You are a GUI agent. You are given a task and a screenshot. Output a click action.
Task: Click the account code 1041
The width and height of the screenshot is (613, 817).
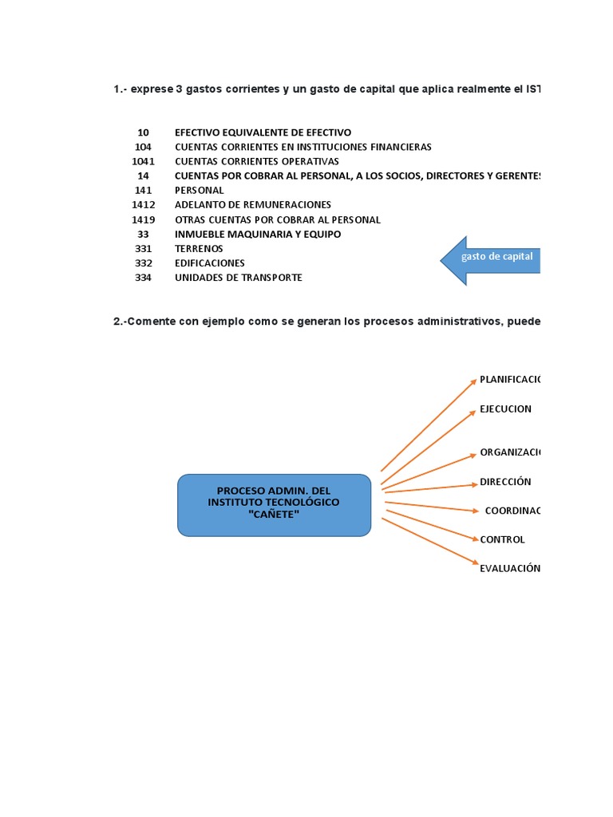(x=144, y=161)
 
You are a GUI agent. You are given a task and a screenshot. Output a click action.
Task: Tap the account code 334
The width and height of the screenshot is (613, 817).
(x=144, y=278)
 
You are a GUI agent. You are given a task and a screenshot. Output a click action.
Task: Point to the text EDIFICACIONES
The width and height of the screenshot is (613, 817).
(x=210, y=263)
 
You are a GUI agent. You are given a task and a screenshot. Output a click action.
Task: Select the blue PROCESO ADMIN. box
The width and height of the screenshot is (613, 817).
(x=274, y=504)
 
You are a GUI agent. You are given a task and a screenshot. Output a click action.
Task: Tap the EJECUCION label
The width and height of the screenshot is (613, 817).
(x=505, y=409)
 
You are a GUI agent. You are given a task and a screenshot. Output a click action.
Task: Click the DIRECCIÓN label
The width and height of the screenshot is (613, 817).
(x=505, y=482)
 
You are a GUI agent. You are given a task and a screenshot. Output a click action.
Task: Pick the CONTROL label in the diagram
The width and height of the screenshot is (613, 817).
(x=502, y=540)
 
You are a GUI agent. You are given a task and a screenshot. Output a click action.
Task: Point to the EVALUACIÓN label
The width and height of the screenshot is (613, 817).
(x=509, y=569)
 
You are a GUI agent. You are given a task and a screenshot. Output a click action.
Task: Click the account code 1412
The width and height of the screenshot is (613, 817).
(x=144, y=205)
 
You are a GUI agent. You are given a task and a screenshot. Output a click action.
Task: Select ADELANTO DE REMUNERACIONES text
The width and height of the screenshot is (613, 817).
(x=253, y=205)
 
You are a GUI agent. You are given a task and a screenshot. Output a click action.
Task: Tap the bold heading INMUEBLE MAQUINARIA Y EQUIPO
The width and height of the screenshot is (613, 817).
(x=258, y=235)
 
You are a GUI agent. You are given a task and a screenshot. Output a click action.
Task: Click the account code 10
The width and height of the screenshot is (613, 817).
(x=144, y=132)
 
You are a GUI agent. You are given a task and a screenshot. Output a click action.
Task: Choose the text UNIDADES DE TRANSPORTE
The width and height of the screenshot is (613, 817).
(x=239, y=278)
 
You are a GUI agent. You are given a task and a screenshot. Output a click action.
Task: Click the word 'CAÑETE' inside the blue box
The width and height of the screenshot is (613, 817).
(x=274, y=515)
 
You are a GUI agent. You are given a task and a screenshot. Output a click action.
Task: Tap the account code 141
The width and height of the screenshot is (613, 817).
(x=144, y=191)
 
